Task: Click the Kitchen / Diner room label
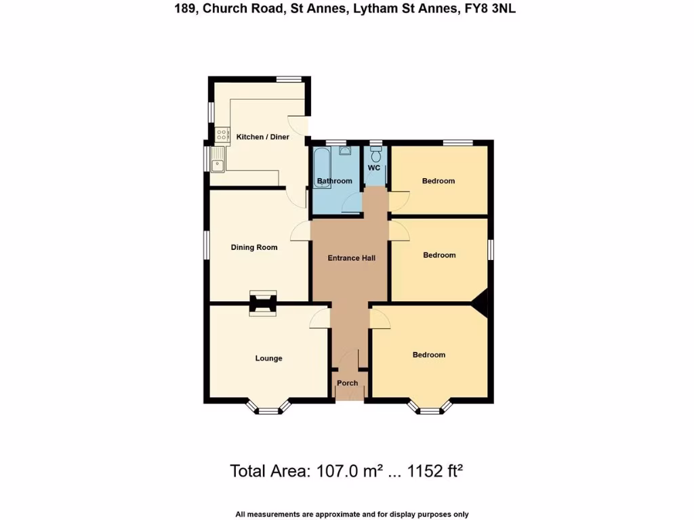click(262, 137)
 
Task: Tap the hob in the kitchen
click(222, 135)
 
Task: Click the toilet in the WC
click(376, 155)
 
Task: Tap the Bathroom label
click(335, 181)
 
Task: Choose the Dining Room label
click(254, 247)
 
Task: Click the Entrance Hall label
click(351, 258)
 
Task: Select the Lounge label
click(268, 358)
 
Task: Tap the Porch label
click(348, 383)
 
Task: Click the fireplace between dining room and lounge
click(263, 303)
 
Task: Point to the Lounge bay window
click(268, 407)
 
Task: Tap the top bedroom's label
click(438, 181)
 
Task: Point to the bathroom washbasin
click(344, 151)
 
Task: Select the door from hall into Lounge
click(320, 318)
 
